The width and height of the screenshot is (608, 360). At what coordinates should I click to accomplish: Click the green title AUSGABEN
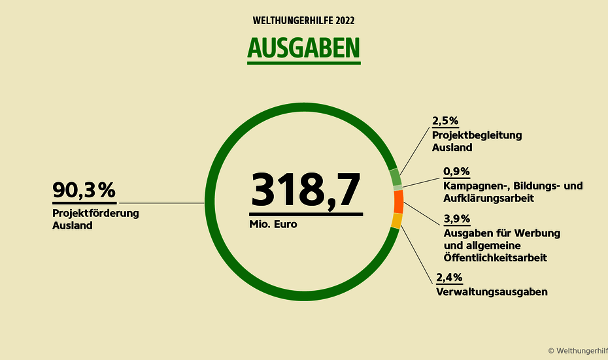(303, 48)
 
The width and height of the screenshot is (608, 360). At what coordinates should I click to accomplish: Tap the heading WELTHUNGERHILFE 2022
(304, 20)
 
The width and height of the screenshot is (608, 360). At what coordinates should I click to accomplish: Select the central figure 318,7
(305, 190)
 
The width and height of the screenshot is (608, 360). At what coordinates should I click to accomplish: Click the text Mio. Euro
(273, 224)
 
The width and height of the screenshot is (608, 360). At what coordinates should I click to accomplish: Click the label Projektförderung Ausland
(95, 219)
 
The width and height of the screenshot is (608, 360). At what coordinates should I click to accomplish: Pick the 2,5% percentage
(446, 121)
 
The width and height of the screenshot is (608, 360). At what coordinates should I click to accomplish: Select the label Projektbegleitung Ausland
(477, 141)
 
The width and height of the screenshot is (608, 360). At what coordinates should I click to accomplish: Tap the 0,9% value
(456, 171)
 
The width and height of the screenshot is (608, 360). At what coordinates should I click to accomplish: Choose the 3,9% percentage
(456, 218)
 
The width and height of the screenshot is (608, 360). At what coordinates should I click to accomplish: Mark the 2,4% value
(450, 277)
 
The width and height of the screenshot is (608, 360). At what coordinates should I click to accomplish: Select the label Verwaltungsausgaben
(491, 291)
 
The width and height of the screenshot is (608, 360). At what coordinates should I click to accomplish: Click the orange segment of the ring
(398, 201)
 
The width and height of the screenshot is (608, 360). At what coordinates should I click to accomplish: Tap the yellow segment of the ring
(396, 221)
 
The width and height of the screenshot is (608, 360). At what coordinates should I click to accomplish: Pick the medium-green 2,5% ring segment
(395, 177)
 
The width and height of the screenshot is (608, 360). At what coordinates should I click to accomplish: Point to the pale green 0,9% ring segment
(397, 188)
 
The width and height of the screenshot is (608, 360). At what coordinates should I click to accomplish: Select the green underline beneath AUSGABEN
(303, 63)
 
